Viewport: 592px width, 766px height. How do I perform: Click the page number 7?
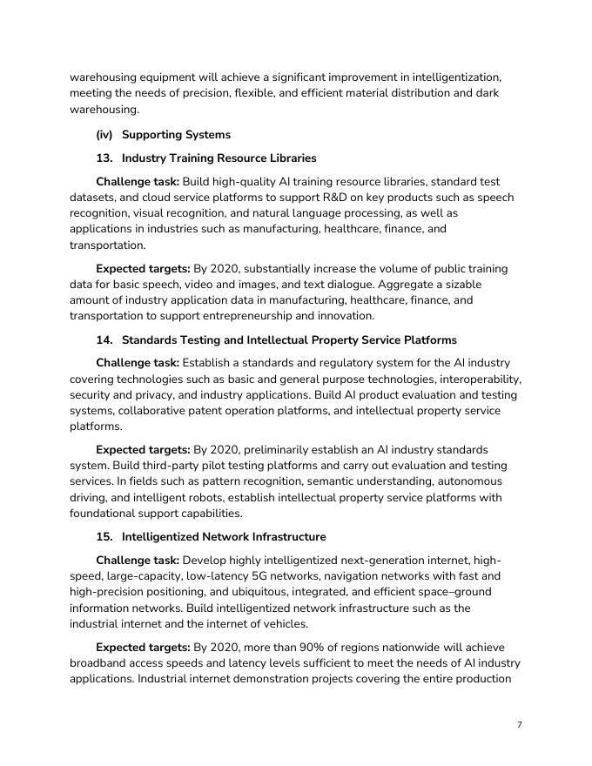point(519,724)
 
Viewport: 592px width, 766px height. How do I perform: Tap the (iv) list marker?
point(104,135)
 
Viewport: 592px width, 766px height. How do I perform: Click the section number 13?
point(104,158)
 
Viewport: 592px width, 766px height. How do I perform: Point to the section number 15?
point(104,537)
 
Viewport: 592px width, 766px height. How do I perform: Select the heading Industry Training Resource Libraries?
point(219,158)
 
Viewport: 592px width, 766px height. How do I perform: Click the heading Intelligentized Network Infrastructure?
point(224,537)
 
